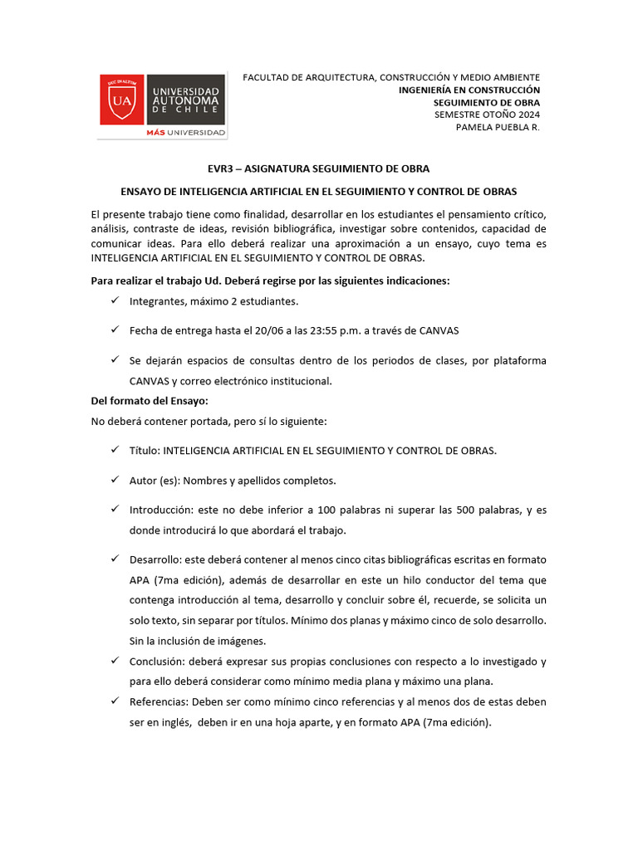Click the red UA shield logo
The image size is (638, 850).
121,100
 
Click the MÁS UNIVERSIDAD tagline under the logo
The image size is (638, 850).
185,133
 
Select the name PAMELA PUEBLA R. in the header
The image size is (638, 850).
498,127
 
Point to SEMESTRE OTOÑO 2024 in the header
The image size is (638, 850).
487,115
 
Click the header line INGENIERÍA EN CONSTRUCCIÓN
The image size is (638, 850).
469,90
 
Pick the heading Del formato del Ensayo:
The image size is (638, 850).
137,401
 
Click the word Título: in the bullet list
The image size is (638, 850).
145,451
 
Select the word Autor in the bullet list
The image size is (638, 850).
143,481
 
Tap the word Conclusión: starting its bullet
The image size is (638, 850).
158,662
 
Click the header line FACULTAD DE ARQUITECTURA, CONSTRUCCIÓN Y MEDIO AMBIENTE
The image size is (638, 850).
391,77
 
